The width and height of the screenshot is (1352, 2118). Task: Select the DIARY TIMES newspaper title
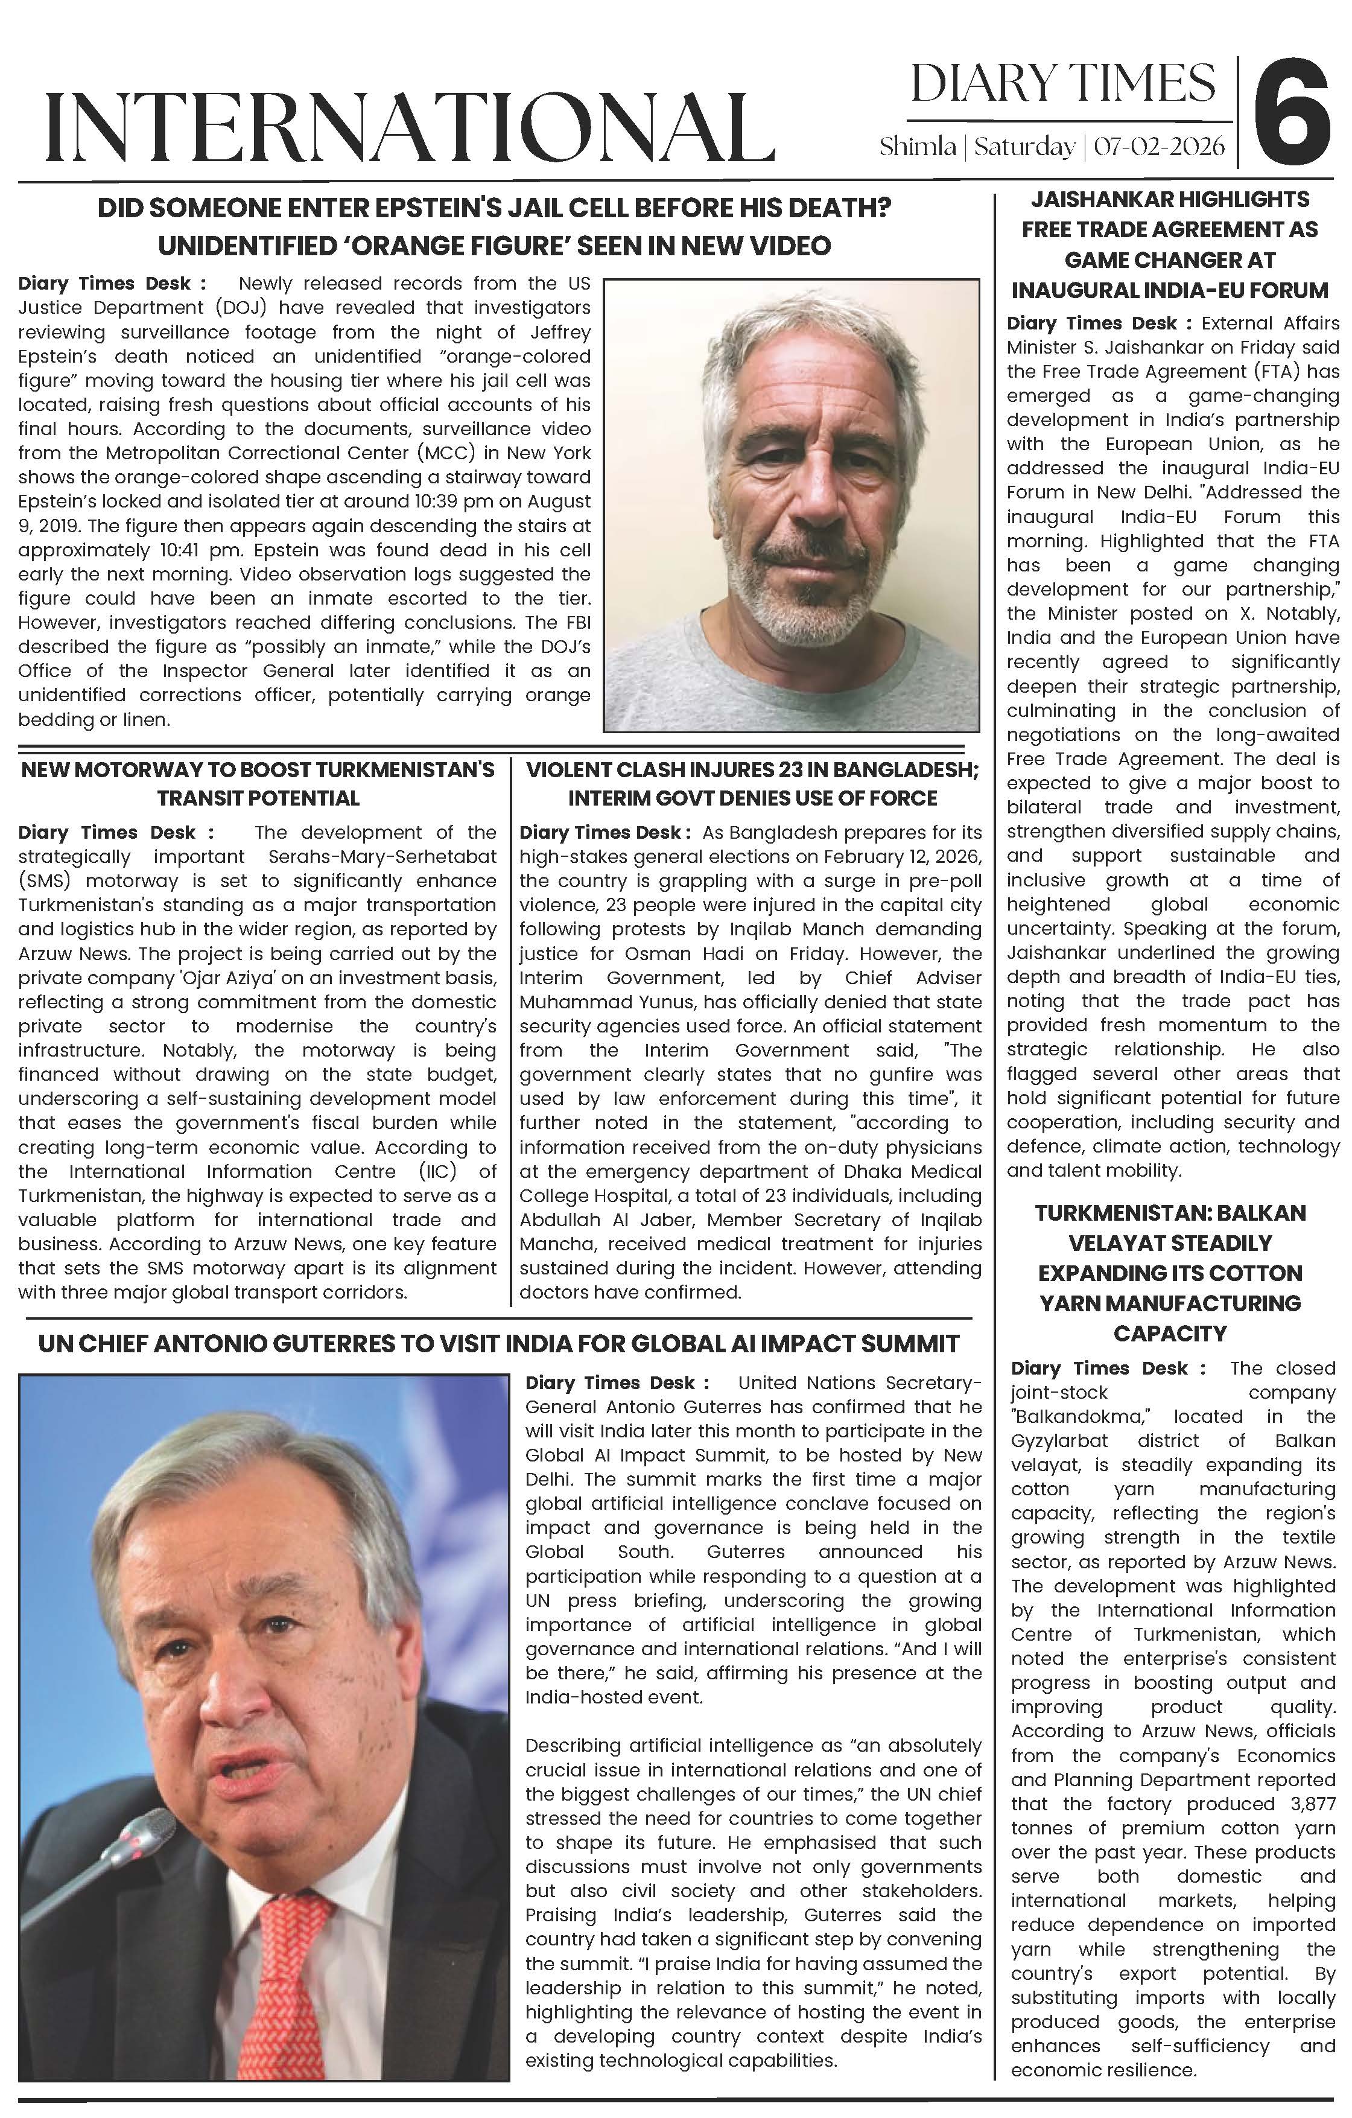(1062, 83)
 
